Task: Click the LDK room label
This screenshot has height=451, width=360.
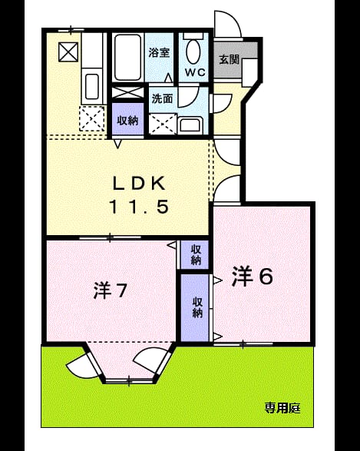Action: pos(140,183)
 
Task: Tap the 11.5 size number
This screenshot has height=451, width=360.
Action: pos(139,207)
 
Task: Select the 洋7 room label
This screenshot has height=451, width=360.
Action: pos(111,290)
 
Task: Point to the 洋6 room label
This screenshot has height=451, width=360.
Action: pos(253,276)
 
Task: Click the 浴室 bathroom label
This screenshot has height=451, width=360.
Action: pos(159,52)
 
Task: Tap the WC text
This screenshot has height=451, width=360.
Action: pos(195,72)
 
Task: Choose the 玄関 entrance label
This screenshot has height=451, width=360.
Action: pos(230,59)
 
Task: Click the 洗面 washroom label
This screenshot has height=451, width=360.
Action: pos(162,98)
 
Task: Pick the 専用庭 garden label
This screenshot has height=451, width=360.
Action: pos(282,407)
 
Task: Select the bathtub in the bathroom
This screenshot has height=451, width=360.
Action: pos(128,57)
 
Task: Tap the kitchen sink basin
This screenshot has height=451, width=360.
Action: pos(92,86)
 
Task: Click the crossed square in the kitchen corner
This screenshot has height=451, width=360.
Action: pos(68,51)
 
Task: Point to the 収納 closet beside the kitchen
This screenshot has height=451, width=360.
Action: pos(127,119)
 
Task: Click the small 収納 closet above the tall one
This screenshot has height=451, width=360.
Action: pos(195,254)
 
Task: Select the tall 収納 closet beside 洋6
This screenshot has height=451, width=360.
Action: pos(196,308)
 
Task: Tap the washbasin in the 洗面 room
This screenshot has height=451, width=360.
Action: pos(191,125)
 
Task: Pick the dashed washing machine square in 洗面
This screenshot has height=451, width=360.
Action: pos(163,124)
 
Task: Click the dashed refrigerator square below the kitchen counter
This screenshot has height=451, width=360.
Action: pos(91,118)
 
